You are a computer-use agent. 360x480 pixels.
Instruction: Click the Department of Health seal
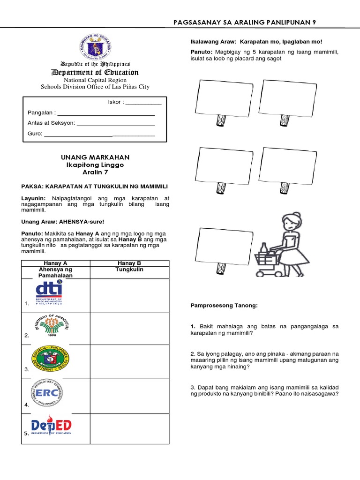(x=50, y=360)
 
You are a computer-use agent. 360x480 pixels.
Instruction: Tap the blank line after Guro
(x=99, y=135)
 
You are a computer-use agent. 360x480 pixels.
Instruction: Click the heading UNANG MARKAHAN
(x=95, y=157)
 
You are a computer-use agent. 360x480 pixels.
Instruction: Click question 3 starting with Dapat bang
(x=264, y=390)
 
